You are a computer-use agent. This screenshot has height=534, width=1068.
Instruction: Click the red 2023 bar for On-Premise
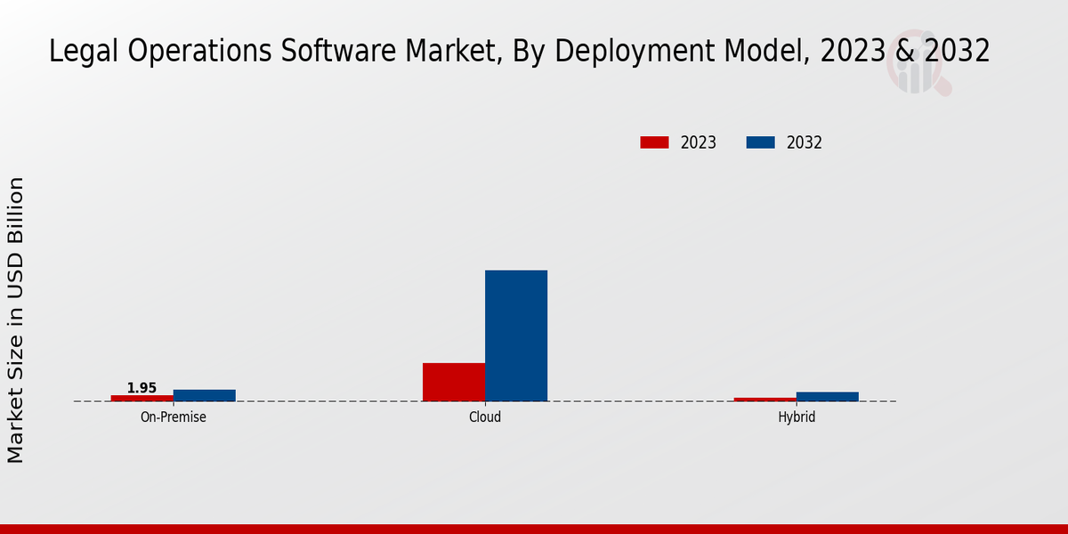[x=142, y=398]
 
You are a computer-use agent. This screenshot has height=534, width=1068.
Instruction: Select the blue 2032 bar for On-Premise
[x=205, y=395]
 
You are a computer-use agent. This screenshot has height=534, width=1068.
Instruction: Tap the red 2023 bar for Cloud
[x=454, y=382]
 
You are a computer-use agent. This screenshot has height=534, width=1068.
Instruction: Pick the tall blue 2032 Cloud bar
[x=516, y=336]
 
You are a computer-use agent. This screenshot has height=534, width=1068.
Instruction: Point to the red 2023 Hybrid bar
[x=765, y=399]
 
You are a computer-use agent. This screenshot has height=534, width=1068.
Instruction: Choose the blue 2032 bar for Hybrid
[x=828, y=396]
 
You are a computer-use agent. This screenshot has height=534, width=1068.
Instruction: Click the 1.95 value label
[x=142, y=388]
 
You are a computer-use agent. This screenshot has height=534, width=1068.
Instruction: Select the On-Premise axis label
[x=174, y=417]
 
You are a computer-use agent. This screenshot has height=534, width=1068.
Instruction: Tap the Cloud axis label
[x=485, y=417]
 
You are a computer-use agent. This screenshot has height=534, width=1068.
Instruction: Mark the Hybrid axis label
[x=797, y=417]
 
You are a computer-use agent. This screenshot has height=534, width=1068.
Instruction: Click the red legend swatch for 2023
[x=654, y=142]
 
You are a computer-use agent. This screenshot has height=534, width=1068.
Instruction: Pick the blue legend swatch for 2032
[x=760, y=142]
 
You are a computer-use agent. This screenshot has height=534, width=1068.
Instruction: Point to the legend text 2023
[x=699, y=142]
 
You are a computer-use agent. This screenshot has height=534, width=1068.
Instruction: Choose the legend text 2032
[x=805, y=142]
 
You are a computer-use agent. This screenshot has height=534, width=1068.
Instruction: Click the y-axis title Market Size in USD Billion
[x=16, y=320]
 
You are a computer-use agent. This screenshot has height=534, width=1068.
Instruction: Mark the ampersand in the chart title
[x=904, y=52]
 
